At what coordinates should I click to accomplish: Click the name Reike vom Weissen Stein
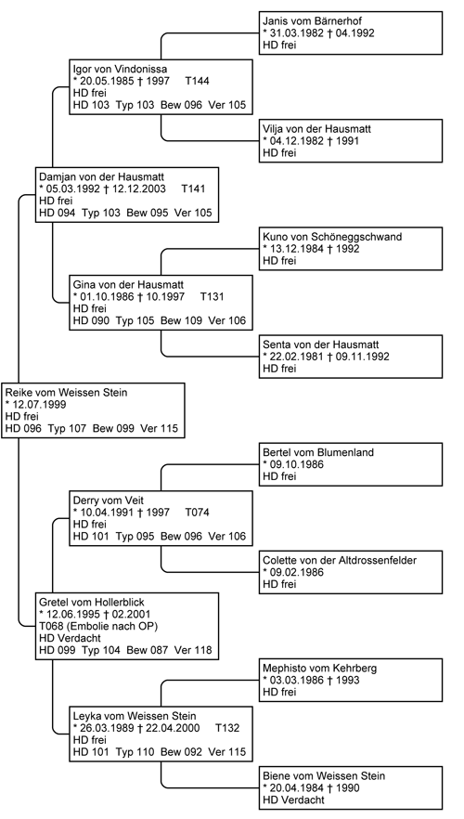coord(66,392)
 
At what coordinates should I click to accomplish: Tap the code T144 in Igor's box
coord(198,82)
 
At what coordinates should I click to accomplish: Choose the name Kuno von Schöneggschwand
coord(332,237)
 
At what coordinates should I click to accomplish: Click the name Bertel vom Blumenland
coord(318,452)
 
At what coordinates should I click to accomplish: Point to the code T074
coord(198,513)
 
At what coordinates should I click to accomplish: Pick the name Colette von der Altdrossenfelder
coord(340,561)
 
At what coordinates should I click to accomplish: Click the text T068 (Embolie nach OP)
coord(98,626)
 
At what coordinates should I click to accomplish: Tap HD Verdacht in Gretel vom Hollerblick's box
coord(70,638)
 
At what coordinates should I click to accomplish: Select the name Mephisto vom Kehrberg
coord(320,668)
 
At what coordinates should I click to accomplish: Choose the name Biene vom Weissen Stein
coord(324,776)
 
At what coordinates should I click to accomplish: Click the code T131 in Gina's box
coord(212,297)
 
